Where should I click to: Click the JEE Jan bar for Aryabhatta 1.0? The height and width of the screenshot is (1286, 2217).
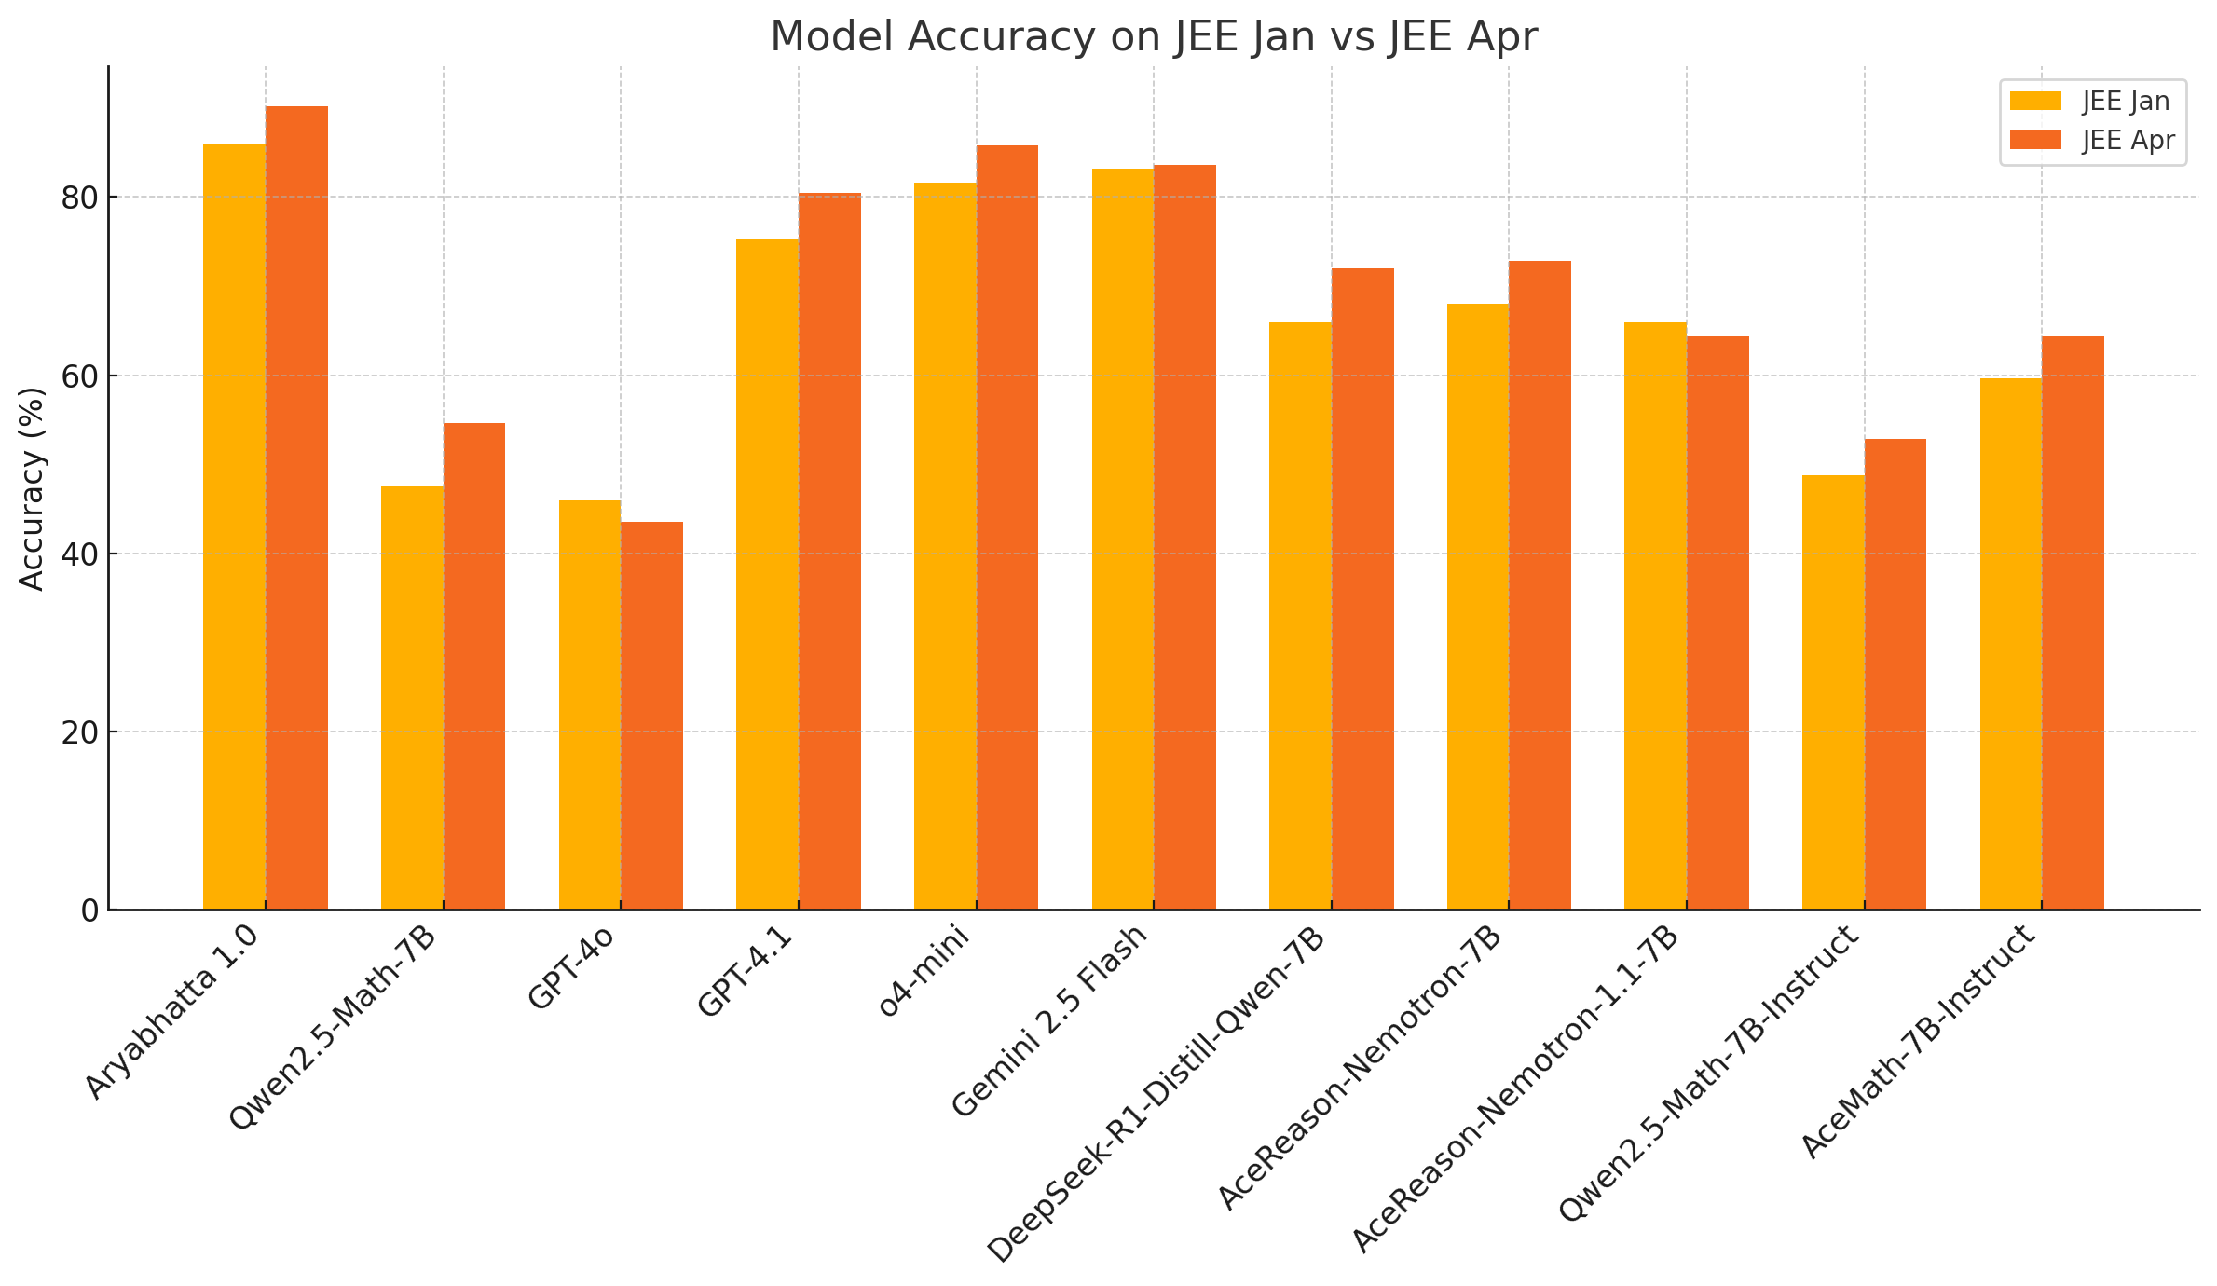tap(234, 527)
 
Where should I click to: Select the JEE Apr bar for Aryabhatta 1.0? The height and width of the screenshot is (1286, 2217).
tap(296, 508)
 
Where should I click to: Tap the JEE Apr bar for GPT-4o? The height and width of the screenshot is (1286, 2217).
tap(651, 716)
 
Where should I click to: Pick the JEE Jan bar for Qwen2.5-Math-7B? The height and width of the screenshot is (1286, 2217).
tap(412, 697)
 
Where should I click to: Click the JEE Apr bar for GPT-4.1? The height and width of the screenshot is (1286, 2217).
tap(829, 551)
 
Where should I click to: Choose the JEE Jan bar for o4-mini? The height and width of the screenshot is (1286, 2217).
tap(945, 546)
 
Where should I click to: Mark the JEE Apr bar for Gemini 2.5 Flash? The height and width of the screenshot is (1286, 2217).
tap(1184, 537)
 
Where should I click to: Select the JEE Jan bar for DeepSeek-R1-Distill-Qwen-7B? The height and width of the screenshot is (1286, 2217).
tap(1300, 615)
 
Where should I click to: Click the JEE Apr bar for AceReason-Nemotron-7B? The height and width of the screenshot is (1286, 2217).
tap(1540, 585)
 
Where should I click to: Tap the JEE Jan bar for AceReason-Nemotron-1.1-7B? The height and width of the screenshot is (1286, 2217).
tap(1655, 615)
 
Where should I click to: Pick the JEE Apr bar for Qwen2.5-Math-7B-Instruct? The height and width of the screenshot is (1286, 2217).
tap(1895, 674)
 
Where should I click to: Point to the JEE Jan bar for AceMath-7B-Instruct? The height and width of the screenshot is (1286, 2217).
tap(2010, 643)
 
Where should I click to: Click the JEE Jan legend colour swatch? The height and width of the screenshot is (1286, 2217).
tap(2035, 101)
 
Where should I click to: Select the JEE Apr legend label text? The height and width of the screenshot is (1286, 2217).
tap(2128, 141)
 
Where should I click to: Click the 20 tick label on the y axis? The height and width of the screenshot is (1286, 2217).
tap(80, 732)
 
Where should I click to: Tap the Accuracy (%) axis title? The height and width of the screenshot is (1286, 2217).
tap(32, 488)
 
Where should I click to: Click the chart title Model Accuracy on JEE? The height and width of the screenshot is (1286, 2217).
tap(1153, 37)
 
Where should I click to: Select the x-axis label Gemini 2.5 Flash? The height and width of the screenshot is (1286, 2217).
tap(1048, 1021)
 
